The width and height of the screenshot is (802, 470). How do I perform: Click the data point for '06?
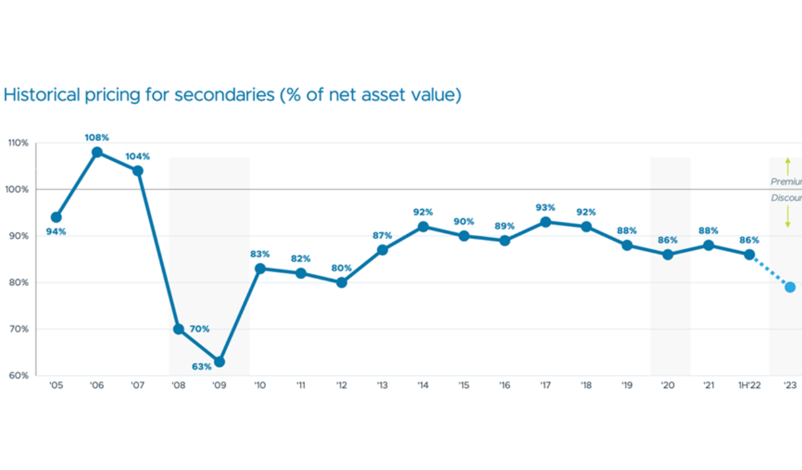click(x=97, y=152)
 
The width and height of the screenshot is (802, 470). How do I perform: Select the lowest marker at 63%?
click(x=219, y=362)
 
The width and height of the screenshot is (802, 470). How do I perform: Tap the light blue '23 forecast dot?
click(x=790, y=287)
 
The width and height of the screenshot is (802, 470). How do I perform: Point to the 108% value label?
click(x=97, y=137)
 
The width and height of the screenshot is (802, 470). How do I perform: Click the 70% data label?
click(x=199, y=329)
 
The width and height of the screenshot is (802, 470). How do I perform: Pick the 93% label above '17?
click(x=545, y=207)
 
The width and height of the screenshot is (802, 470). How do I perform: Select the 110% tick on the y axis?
click(x=18, y=143)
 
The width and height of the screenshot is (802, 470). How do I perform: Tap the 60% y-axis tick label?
click(x=18, y=375)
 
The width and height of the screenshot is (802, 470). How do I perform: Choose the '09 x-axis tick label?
click(x=219, y=386)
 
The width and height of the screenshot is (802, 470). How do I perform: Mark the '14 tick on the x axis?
click(x=422, y=386)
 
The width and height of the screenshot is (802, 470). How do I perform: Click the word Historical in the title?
click(x=42, y=95)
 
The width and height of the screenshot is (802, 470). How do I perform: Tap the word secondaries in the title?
click(x=224, y=95)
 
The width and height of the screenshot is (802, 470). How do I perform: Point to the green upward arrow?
click(x=788, y=167)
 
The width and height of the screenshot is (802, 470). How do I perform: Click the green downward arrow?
click(x=788, y=219)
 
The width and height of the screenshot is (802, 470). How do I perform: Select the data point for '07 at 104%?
click(x=138, y=170)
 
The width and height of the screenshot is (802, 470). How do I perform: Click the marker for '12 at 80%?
click(x=341, y=283)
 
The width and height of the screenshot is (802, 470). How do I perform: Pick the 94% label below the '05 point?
click(x=56, y=232)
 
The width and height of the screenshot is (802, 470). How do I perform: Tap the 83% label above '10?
click(x=260, y=254)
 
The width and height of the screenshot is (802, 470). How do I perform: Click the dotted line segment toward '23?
click(x=769, y=271)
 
